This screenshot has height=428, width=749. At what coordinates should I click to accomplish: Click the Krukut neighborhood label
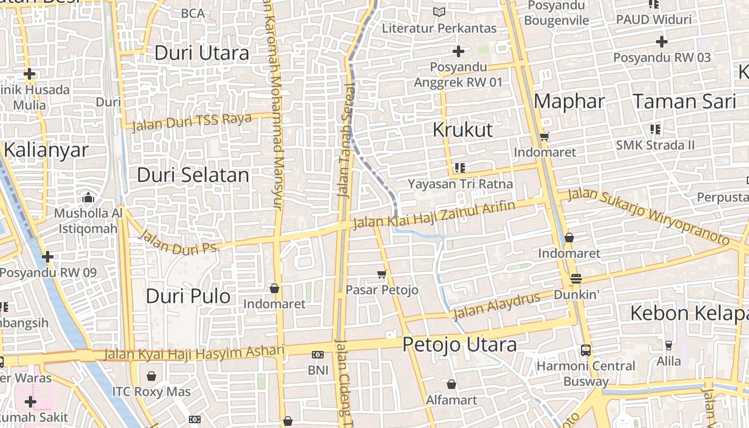click(462, 129)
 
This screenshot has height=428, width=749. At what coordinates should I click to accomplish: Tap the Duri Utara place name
click(202, 53)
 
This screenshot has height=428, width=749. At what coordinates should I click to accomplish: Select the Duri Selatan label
click(193, 175)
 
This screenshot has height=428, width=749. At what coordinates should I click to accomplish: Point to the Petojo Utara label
click(459, 344)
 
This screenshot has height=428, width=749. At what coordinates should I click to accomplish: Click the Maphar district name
click(569, 101)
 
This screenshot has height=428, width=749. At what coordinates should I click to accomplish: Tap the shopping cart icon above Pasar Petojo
click(381, 274)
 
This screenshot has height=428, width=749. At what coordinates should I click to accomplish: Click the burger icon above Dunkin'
click(576, 279)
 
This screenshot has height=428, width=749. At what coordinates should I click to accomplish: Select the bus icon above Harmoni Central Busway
click(586, 350)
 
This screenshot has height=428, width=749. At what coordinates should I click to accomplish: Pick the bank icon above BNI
click(318, 355)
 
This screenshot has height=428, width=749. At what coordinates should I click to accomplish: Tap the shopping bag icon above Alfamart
click(452, 384)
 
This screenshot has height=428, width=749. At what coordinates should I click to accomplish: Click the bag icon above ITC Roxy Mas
click(151, 376)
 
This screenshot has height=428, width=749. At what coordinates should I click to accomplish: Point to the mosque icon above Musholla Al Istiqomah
click(88, 198)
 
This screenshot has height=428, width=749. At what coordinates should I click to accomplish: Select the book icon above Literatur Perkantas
click(439, 12)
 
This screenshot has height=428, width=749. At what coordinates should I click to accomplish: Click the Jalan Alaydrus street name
click(496, 305)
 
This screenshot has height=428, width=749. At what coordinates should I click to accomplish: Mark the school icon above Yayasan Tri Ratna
click(460, 168)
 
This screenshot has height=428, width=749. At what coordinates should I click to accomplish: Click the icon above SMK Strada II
click(655, 129)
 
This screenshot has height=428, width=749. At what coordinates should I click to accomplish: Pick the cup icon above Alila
click(668, 345)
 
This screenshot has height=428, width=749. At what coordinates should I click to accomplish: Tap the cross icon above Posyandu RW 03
click(662, 41)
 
